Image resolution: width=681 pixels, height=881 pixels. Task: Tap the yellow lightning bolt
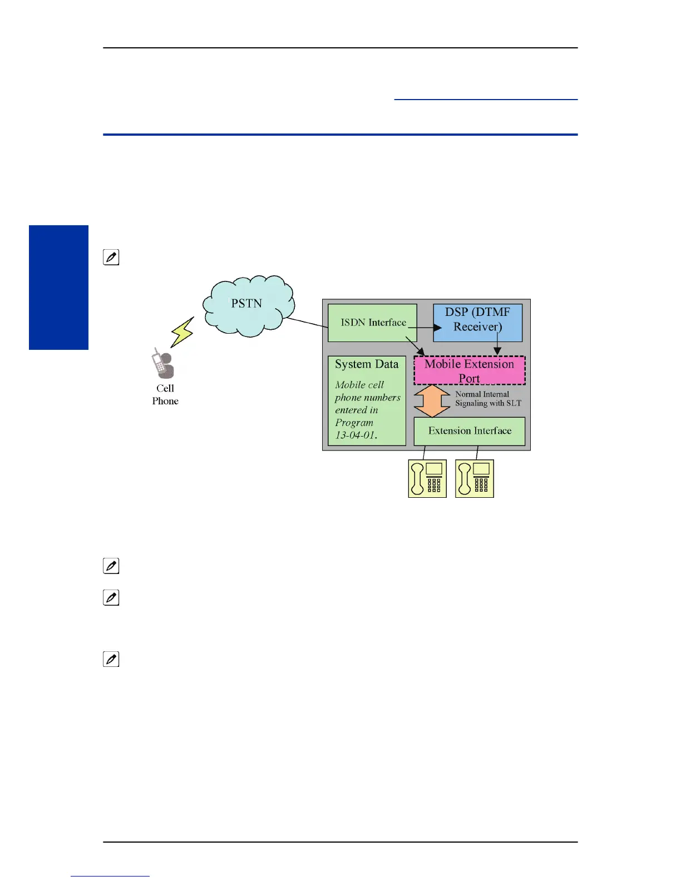[182, 332]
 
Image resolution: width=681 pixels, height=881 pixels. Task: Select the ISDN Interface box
[372, 323]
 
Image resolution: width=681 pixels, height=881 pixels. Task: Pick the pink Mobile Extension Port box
[469, 370]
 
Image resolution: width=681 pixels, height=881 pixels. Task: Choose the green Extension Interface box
[469, 431]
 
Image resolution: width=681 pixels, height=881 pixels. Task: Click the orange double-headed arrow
[432, 400]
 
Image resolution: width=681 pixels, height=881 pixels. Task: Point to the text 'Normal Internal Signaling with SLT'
[487, 398]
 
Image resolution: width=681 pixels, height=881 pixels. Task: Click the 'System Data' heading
[367, 364]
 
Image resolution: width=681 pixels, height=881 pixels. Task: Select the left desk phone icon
[427, 478]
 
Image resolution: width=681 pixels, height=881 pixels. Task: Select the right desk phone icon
[474, 478]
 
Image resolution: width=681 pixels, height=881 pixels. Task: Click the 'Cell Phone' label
[165, 394]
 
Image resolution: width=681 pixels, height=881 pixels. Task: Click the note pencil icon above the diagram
[111, 258]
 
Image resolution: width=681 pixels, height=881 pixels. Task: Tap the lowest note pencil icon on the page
[111, 659]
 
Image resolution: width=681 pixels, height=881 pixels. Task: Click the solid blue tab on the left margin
[58, 287]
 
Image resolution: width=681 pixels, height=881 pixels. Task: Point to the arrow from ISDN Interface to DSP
[425, 328]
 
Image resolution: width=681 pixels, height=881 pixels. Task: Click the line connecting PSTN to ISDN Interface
[306, 323]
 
